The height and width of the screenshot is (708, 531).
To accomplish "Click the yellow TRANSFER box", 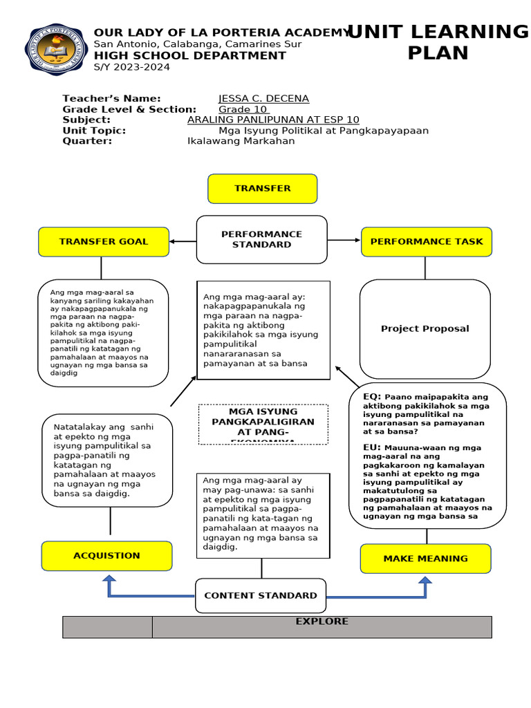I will [262, 189].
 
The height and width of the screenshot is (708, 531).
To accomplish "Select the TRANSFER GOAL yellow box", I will [104, 242].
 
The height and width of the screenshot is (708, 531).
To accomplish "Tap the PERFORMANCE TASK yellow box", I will [427, 242].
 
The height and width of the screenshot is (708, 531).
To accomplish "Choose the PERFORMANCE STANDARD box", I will [261, 239].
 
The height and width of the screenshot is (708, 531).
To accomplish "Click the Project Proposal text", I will [425, 328].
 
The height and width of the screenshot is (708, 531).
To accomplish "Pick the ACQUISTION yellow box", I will [106, 556].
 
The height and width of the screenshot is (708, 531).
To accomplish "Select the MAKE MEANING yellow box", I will [425, 559].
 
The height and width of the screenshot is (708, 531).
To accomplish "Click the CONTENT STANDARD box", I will [261, 595].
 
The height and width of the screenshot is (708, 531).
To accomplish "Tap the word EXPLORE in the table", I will [322, 622].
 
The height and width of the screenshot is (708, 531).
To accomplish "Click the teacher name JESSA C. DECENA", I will [263, 99].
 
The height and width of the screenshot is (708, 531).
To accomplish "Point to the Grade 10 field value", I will [243, 109].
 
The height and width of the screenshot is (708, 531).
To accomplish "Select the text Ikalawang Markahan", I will [241, 141].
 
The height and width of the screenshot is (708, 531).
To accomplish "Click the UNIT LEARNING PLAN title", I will [437, 42].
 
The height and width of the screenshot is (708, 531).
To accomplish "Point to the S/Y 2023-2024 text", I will [131, 67].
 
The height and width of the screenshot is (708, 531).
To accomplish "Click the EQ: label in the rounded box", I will [372, 397].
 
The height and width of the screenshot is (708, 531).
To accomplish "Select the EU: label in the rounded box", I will [372, 447].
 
